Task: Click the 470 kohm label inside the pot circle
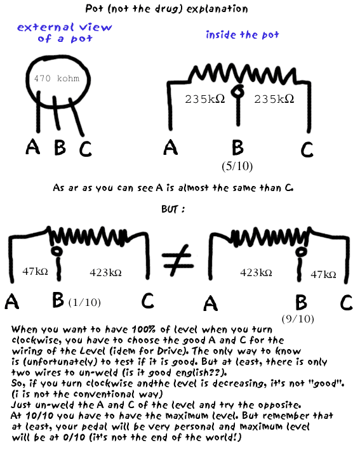(57, 78)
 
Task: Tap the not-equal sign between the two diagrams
(177, 260)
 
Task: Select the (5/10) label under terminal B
(237, 166)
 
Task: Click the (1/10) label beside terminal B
(84, 303)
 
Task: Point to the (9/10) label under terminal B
(298, 319)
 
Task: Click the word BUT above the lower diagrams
(170, 209)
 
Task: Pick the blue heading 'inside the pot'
(243, 35)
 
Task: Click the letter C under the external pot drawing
(85, 149)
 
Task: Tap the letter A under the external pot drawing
(33, 147)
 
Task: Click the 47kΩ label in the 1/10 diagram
(35, 271)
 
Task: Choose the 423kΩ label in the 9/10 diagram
(256, 272)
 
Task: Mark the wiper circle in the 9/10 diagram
(301, 252)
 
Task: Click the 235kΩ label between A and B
(205, 99)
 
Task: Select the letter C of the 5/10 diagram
(307, 150)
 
